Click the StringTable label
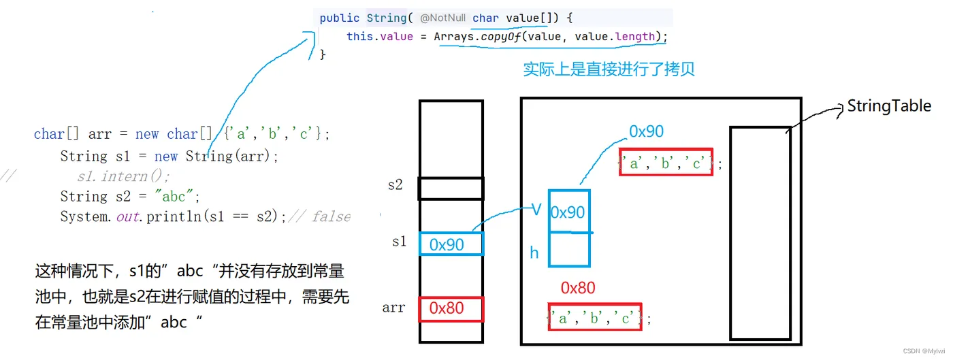(x=888, y=106)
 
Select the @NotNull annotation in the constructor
(x=442, y=18)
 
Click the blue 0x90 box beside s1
(x=451, y=244)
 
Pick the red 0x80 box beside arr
(x=451, y=309)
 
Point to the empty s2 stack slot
(x=451, y=189)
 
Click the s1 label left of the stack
(x=399, y=242)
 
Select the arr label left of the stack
(x=393, y=308)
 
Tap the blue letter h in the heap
(x=534, y=253)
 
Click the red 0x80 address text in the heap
(x=578, y=289)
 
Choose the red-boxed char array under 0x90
(x=666, y=162)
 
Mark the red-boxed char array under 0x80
(x=594, y=317)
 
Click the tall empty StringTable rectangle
(x=760, y=233)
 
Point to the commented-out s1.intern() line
(x=123, y=177)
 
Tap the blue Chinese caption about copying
(x=609, y=69)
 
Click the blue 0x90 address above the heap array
(x=646, y=131)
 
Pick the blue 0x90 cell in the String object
(x=568, y=212)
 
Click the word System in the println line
(x=84, y=216)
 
